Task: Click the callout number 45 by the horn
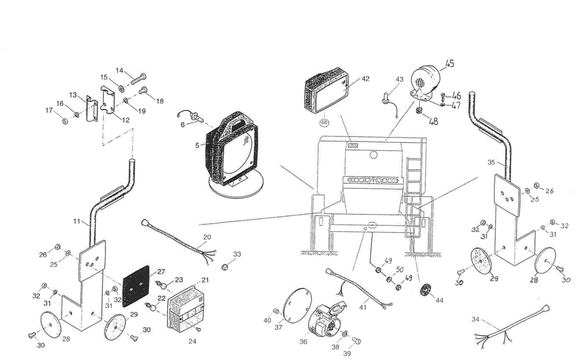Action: [449, 64]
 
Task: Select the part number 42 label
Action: [365, 79]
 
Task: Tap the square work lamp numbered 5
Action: [232, 150]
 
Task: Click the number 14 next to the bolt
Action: [120, 70]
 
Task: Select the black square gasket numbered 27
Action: [136, 286]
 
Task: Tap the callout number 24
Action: [192, 341]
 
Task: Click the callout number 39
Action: [347, 354]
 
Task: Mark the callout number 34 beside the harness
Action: [475, 319]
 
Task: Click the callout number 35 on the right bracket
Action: [491, 162]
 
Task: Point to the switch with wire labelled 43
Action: [388, 98]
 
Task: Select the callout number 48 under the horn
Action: [433, 121]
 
